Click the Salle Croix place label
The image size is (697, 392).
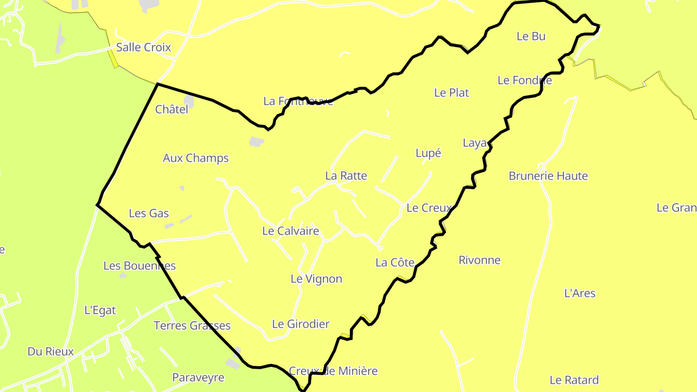[x=143, y=47]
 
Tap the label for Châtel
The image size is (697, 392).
[x=171, y=110]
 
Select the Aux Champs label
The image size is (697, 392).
[x=196, y=158]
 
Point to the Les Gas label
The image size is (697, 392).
[x=149, y=213]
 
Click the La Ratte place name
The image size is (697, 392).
[x=346, y=176]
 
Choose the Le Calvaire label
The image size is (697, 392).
[x=290, y=231]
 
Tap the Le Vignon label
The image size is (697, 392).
[x=316, y=279]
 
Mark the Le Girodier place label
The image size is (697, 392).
[x=301, y=324]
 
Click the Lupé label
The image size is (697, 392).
[x=428, y=153]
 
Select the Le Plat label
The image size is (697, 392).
[x=452, y=93]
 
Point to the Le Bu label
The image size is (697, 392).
[x=531, y=36]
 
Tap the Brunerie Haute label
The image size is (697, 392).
[x=548, y=176]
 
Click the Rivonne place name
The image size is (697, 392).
[x=479, y=260]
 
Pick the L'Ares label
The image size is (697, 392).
[x=580, y=293]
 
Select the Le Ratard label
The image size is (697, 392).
[x=574, y=380]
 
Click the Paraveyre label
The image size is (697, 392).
[x=198, y=377]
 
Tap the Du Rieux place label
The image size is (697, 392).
[x=50, y=352]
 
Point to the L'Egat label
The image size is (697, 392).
[x=100, y=310]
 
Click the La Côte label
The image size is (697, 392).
[x=395, y=263]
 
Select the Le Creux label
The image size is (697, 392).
[x=429, y=208]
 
